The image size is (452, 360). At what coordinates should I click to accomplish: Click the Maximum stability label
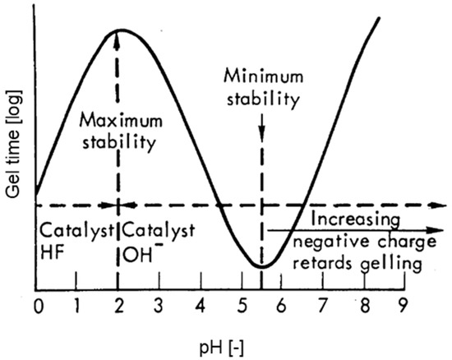pos(119,134)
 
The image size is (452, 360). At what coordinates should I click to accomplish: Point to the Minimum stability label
pos(261,85)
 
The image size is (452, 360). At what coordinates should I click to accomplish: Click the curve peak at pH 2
pos(120,30)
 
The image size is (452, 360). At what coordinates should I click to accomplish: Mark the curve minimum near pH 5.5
pos(261,266)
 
